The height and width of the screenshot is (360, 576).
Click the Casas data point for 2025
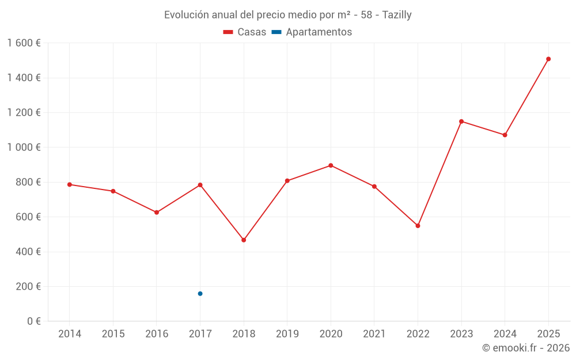(x=548, y=59)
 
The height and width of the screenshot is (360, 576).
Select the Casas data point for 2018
(x=244, y=240)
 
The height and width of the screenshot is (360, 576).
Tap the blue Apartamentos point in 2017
(x=200, y=294)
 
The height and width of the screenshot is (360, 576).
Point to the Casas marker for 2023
(x=461, y=122)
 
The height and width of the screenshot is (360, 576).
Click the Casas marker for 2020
(x=331, y=165)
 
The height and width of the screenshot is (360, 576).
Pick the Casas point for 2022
(x=418, y=226)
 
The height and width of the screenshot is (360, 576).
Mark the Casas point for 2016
(x=157, y=213)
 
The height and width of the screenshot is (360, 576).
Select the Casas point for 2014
(x=70, y=184)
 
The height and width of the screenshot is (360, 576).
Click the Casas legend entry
(x=245, y=32)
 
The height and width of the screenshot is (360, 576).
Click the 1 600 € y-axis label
(x=24, y=43)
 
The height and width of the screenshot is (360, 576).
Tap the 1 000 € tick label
(x=24, y=147)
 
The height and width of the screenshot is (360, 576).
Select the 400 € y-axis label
(x=26, y=252)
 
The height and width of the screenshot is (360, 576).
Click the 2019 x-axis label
(x=287, y=334)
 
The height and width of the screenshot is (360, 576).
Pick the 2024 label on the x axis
(x=505, y=334)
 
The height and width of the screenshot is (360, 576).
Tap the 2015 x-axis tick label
(x=113, y=334)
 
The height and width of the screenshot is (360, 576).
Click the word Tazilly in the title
(x=397, y=15)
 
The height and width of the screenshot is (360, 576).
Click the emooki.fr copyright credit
(x=525, y=348)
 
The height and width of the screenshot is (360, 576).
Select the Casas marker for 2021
(x=374, y=187)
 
